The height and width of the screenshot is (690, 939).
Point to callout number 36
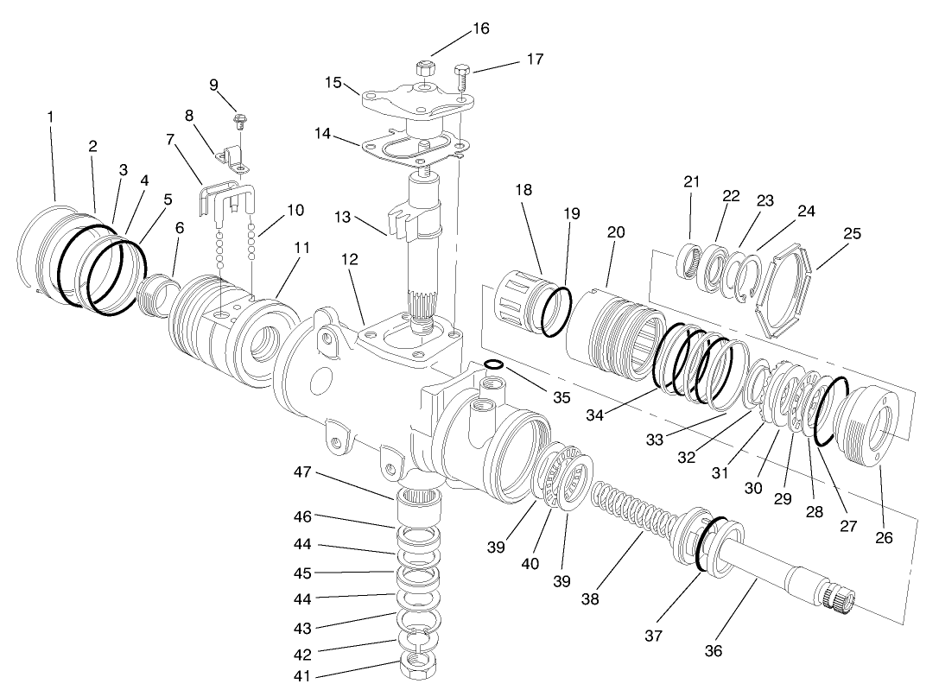[714, 649]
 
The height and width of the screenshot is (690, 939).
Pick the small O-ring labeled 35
[493, 365]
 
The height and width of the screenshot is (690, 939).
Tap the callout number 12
[350, 258]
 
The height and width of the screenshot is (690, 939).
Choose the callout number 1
[50, 115]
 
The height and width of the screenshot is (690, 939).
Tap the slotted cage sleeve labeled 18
[521, 293]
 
